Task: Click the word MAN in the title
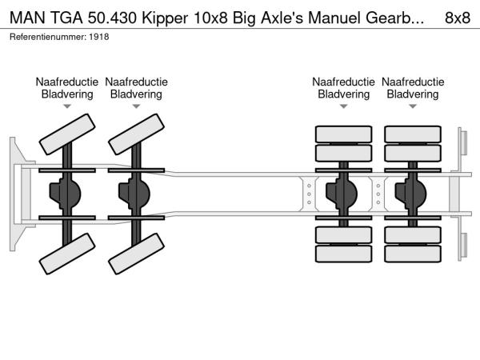(x=28, y=17)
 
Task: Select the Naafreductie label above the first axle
(x=66, y=82)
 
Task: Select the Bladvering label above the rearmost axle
(x=413, y=94)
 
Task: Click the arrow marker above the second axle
(x=136, y=106)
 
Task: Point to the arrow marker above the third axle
(x=343, y=106)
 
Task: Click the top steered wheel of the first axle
(x=67, y=134)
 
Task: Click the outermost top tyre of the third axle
(x=343, y=134)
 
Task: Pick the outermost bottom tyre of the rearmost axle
(x=413, y=255)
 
